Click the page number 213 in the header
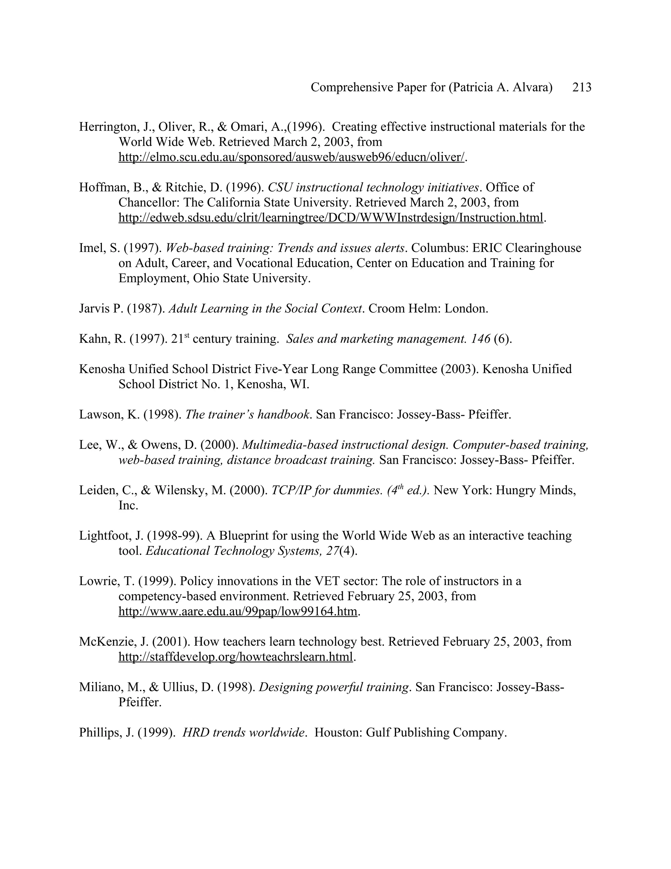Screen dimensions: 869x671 pos(582,88)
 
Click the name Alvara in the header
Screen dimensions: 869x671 pos(531,88)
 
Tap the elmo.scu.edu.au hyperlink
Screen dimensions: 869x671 pos(291,157)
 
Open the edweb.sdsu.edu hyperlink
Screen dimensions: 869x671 pos(331,218)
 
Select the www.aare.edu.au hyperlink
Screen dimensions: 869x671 pos(238,612)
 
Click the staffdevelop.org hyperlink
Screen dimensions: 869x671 pos(235,657)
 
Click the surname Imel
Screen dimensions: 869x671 pos(91,248)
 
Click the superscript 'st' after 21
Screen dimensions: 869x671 pos(186,335)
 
